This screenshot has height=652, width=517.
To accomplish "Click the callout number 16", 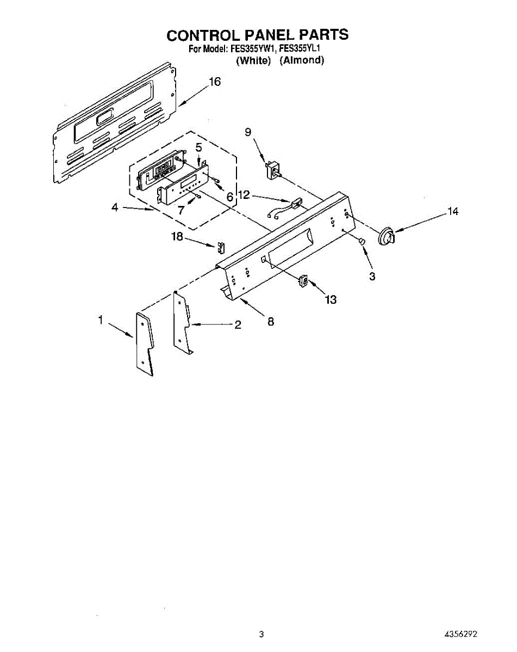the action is pyautogui.click(x=215, y=82).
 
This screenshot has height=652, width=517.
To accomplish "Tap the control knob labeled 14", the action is pyautogui.click(x=387, y=236).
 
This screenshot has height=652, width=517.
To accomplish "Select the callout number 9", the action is pyautogui.click(x=248, y=132).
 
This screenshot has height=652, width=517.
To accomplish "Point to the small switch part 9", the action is pyautogui.click(x=272, y=169).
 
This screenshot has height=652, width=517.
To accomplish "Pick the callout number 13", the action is pyautogui.click(x=331, y=299).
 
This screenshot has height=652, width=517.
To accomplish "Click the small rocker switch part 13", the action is pyautogui.click(x=303, y=281).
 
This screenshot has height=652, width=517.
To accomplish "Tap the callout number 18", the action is pyautogui.click(x=178, y=237).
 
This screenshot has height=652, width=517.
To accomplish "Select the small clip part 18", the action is pyautogui.click(x=221, y=247).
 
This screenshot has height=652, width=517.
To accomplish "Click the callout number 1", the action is pyautogui.click(x=100, y=321).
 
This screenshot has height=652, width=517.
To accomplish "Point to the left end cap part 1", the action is pyautogui.click(x=145, y=343).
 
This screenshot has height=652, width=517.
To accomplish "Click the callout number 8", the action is pyautogui.click(x=270, y=322).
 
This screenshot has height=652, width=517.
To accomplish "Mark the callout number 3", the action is pyautogui.click(x=372, y=277).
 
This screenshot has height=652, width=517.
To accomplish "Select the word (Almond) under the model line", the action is pyautogui.click(x=302, y=60).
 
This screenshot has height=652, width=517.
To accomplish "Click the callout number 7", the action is pyautogui.click(x=181, y=210).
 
